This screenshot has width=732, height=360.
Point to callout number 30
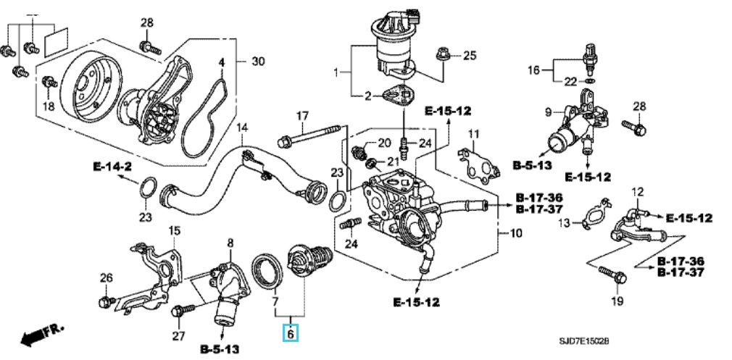tap(258, 62)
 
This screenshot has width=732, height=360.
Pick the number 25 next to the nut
tap(469, 55)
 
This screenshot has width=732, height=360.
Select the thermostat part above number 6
tap(307, 261)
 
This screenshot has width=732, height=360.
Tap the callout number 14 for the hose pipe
tap(242, 127)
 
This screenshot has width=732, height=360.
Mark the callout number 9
tap(549, 112)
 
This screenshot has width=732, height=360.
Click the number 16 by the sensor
tap(533, 70)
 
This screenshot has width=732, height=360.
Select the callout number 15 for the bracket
tap(174, 230)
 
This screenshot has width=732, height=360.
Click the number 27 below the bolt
tap(178, 335)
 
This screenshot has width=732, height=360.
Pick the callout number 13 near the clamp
tap(565, 222)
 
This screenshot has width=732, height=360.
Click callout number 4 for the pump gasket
tap(222, 62)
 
